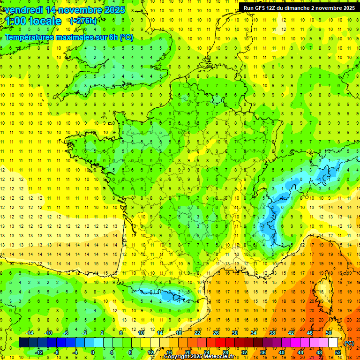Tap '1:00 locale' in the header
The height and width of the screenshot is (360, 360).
pos(33,21)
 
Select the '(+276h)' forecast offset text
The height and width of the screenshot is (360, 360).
pos(83,21)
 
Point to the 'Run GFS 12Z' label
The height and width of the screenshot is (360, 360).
pos(261,7)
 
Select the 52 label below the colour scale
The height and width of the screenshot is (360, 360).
pos(338,352)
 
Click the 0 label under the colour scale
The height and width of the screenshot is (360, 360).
pos(93,352)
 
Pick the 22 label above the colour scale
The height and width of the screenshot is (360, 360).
pos(197,333)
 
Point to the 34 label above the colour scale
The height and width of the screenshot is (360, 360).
pos(254,333)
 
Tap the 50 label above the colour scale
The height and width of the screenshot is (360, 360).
pos(329,333)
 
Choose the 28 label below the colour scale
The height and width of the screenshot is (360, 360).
pos(225,352)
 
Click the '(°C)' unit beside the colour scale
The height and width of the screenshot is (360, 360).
pos(349,343)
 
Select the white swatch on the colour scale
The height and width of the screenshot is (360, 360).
pos(333,343)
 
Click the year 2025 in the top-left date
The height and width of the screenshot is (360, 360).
pos(114,10)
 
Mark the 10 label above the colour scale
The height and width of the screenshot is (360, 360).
pos(141,333)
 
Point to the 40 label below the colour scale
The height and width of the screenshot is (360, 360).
pos(282,352)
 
